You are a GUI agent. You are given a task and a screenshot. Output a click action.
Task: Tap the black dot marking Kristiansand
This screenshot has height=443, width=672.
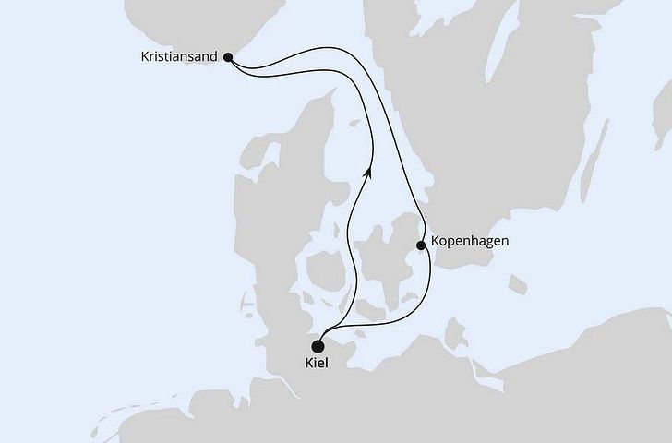coord(228,57)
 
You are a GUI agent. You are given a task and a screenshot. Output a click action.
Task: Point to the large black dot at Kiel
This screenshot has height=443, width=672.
coord(318,347)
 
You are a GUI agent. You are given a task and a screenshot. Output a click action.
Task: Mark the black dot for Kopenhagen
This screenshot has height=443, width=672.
coord(421,245)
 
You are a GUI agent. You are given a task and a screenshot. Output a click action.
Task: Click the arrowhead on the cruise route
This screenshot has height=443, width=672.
coord(368,172)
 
